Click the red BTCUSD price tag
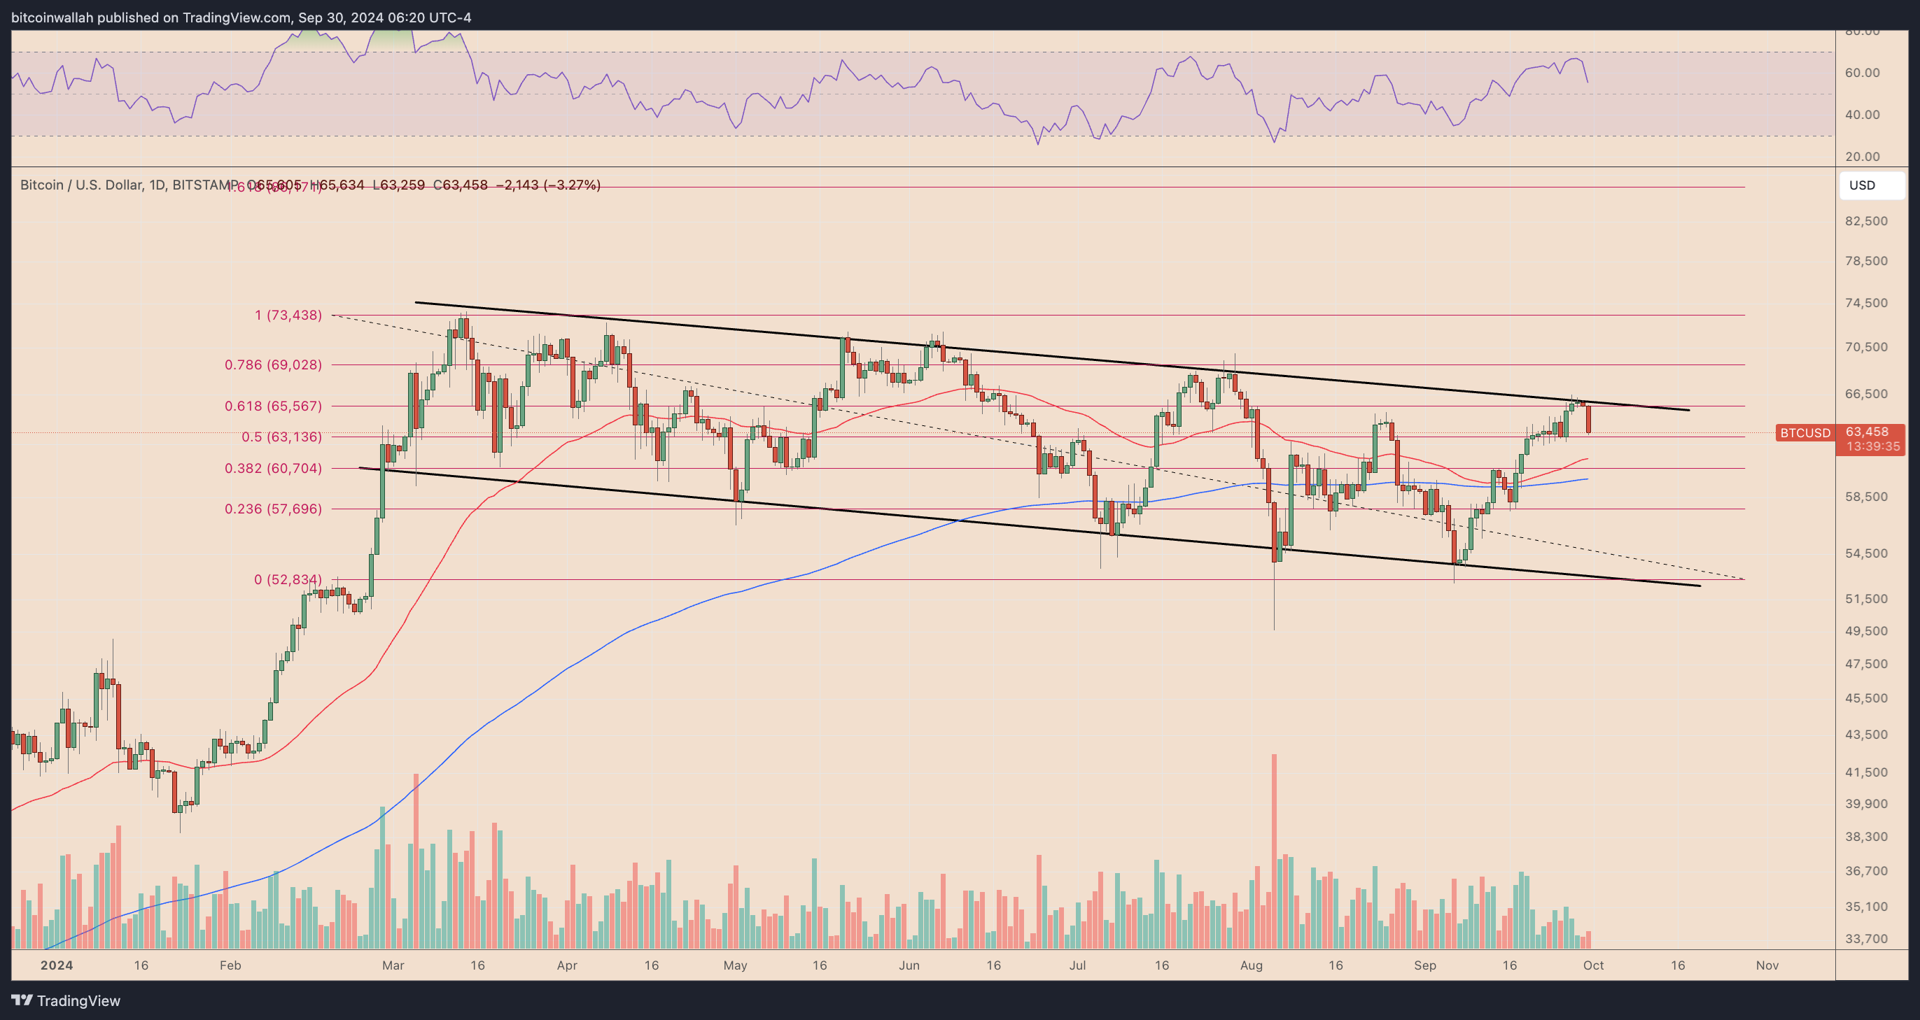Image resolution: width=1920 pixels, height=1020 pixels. point(1804,433)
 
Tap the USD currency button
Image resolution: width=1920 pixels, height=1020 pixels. point(1871,185)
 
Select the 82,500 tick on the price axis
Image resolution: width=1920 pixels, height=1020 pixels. point(1866,221)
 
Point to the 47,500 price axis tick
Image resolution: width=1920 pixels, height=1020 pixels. point(1866,664)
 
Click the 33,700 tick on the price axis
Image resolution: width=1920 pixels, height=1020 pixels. point(1866,939)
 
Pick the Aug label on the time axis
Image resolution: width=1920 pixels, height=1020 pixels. point(1252,965)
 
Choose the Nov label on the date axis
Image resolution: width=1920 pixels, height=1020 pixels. point(1767,965)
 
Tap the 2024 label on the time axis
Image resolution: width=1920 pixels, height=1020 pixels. point(57,965)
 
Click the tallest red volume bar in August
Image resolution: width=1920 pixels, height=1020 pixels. point(1275,849)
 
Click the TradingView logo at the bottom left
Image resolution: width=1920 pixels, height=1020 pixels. point(66,1000)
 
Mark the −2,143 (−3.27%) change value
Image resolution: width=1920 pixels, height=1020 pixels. point(547,185)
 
